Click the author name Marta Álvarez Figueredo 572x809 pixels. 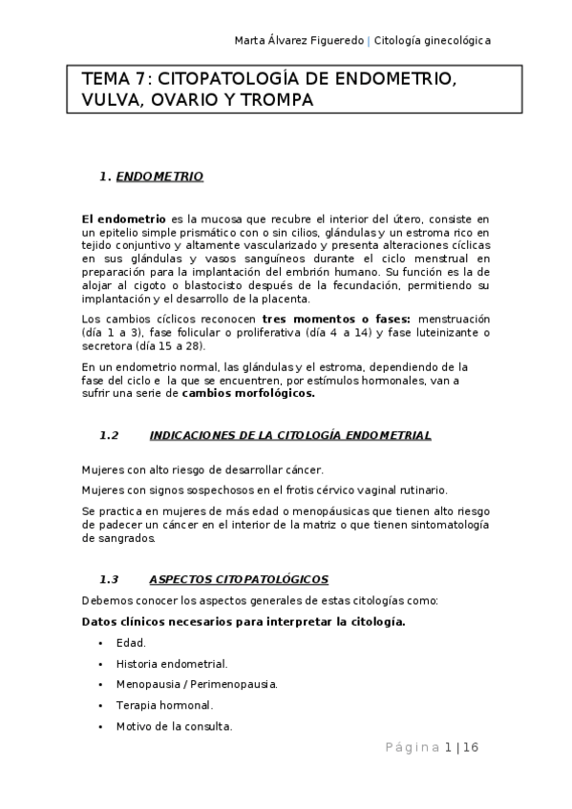click(299, 40)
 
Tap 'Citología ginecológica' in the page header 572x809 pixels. click(433, 40)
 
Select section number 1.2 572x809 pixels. click(109, 436)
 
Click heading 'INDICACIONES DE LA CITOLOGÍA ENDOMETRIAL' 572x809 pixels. click(290, 436)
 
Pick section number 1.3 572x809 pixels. click(109, 579)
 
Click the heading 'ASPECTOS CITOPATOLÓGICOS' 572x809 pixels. click(239, 579)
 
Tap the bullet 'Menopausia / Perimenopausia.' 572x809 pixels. click(197, 685)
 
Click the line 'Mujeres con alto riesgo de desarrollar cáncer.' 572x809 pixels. click(202, 469)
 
